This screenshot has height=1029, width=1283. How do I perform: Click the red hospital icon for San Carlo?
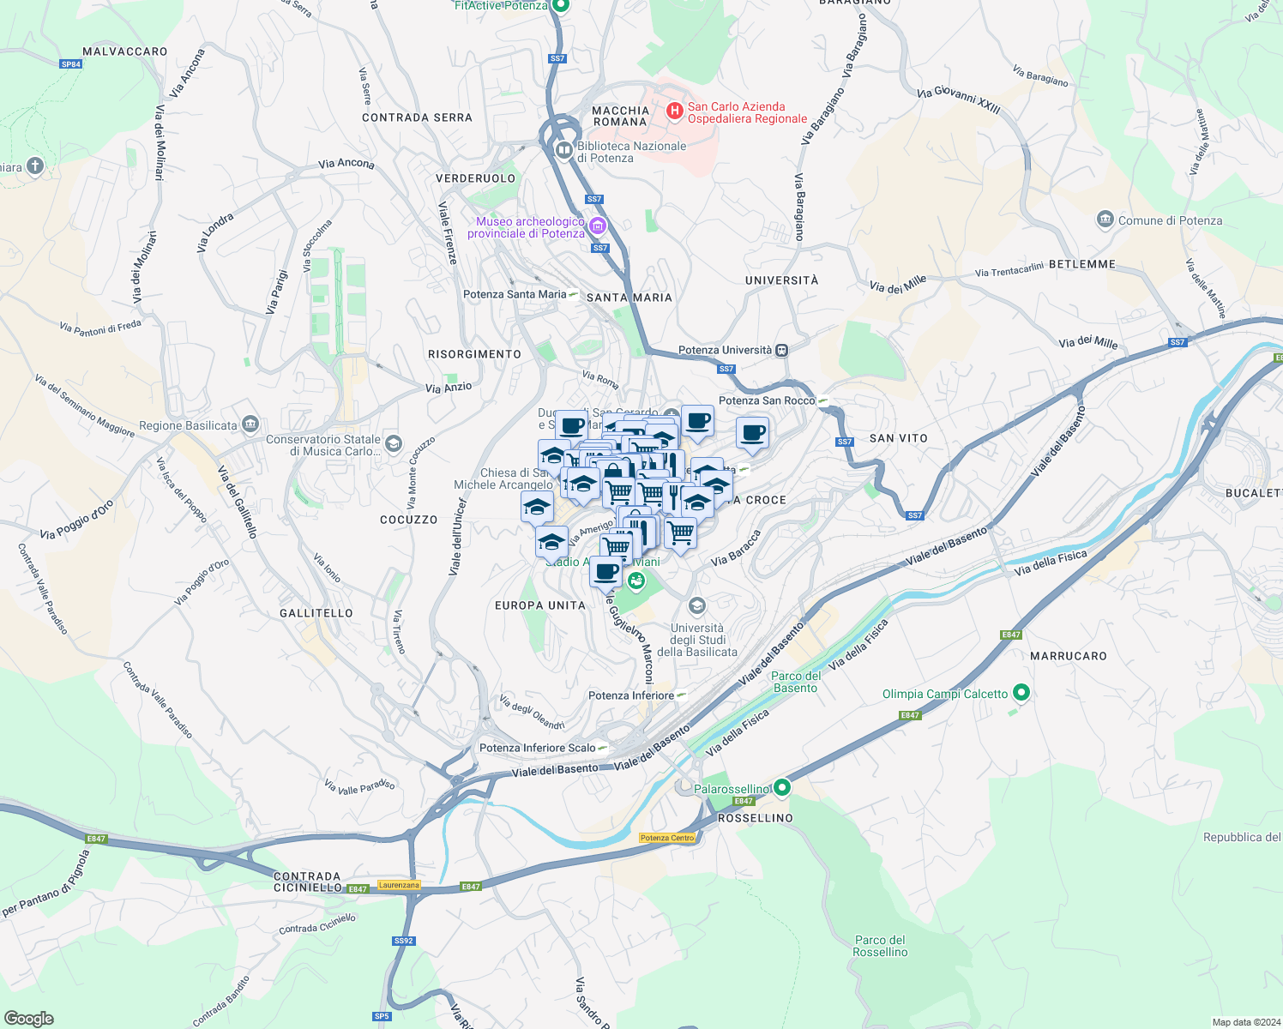click(x=675, y=111)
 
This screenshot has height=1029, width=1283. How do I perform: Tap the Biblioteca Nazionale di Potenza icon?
click(x=564, y=151)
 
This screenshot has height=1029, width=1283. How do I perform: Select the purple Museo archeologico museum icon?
click(x=598, y=227)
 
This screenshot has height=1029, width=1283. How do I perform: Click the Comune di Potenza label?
click(x=1170, y=220)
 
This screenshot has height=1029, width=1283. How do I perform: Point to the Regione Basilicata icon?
click(x=250, y=424)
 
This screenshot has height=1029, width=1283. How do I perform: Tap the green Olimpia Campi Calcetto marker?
click(x=1021, y=692)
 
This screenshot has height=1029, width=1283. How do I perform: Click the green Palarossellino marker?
click(x=781, y=787)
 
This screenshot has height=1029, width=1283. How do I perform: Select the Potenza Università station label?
click(x=725, y=350)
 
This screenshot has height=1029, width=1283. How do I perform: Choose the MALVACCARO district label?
click(x=125, y=51)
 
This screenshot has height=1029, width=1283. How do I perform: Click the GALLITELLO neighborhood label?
click(x=316, y=613)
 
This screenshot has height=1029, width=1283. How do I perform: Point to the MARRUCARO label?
click(x=1068, y=656)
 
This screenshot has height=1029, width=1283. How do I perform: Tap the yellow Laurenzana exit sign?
click(x=399, y=885)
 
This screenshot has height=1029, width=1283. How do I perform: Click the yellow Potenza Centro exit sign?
click(x=667, y=838)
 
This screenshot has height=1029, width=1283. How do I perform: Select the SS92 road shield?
click(x=404, y=941)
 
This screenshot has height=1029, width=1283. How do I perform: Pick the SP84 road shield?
click(x=71, y=64)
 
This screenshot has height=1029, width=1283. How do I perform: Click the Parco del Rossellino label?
click(x=880, y=946)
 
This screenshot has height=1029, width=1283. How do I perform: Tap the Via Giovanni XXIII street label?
click(x=958, y=99)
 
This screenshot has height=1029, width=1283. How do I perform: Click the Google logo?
click(x=29, y=1018)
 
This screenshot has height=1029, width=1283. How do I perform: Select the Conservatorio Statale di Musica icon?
click(x=394, y=443)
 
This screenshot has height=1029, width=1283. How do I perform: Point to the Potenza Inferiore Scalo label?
click(x=537, y=748)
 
